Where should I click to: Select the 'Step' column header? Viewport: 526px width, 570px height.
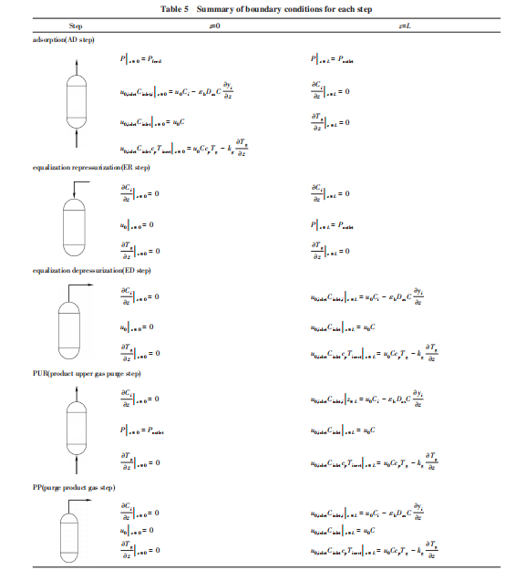tap(76, 27)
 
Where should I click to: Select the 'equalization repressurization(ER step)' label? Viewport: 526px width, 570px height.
tap(91, 169)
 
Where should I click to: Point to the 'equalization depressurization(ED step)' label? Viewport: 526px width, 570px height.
tap(91, 271)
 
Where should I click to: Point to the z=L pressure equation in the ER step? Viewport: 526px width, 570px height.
tap(331, 223)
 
